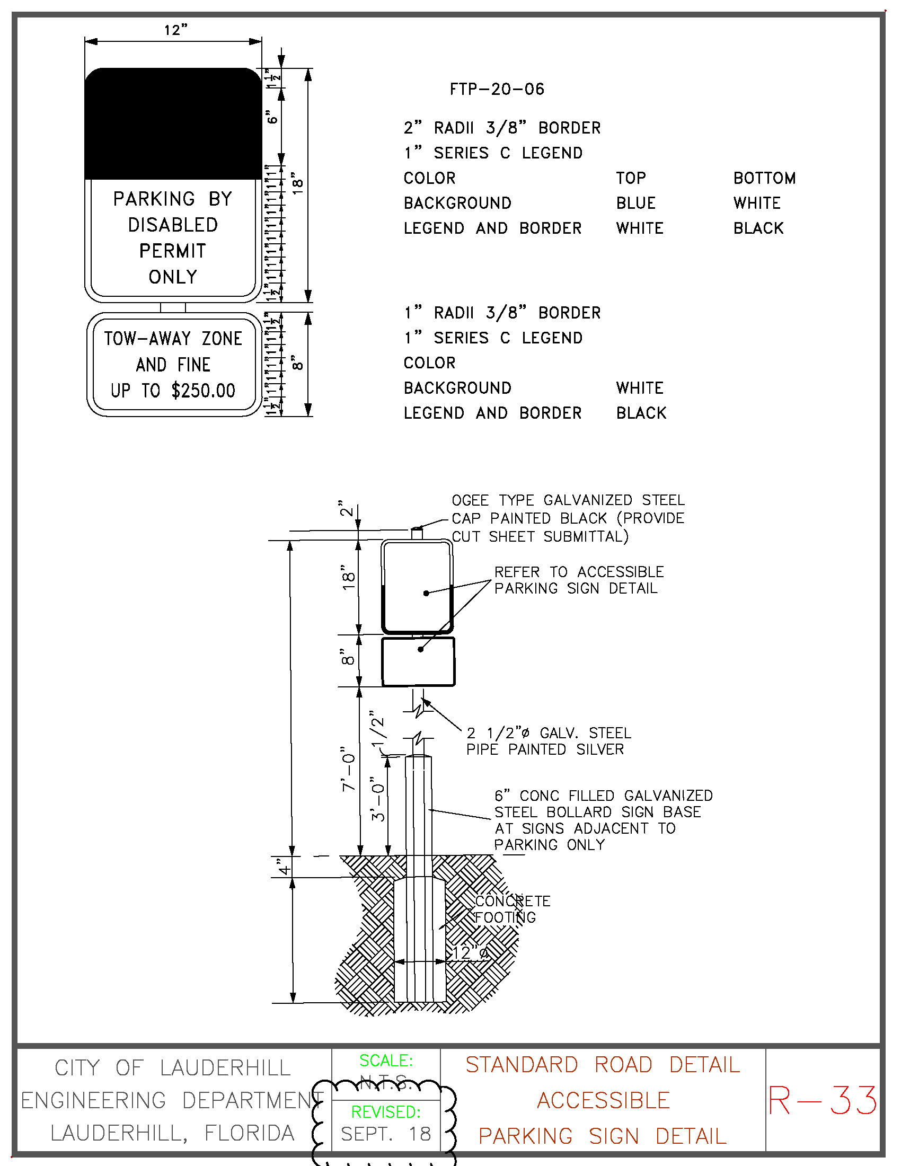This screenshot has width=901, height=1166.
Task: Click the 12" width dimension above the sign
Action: (x=175, y=30)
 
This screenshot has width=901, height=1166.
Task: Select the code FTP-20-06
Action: (x=497, y=89)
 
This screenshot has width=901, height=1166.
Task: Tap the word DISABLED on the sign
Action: (x=173, y=225)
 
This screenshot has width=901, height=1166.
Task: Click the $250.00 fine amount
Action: (x=204, y=391)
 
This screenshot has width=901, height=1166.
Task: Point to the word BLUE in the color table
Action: (x=635, y=204)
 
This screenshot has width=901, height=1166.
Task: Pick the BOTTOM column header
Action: (x=764, y=178)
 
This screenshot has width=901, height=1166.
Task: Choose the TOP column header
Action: (x=630, y=178)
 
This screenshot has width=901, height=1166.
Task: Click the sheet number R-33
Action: (x=822, y=1101)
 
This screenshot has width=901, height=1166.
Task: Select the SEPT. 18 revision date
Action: (x=385, y=1134)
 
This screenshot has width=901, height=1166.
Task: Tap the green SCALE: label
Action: (x=385, y=1061)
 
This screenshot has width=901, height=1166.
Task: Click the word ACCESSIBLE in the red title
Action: (x=603, y=1101)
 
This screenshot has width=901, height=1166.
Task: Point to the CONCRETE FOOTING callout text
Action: (x=511, y=909)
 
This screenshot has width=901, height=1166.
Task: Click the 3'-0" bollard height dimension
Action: (x=377, y=799)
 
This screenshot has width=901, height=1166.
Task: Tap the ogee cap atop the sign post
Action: (x=417, y=533)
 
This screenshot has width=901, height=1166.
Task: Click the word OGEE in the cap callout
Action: (x=470, y=501)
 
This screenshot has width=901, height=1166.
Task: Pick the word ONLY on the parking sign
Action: (x=173, y=277)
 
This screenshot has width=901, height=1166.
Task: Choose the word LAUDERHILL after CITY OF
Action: (x=225, y=1068)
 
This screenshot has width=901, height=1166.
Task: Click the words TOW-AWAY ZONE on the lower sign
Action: (x=173, y=339)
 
